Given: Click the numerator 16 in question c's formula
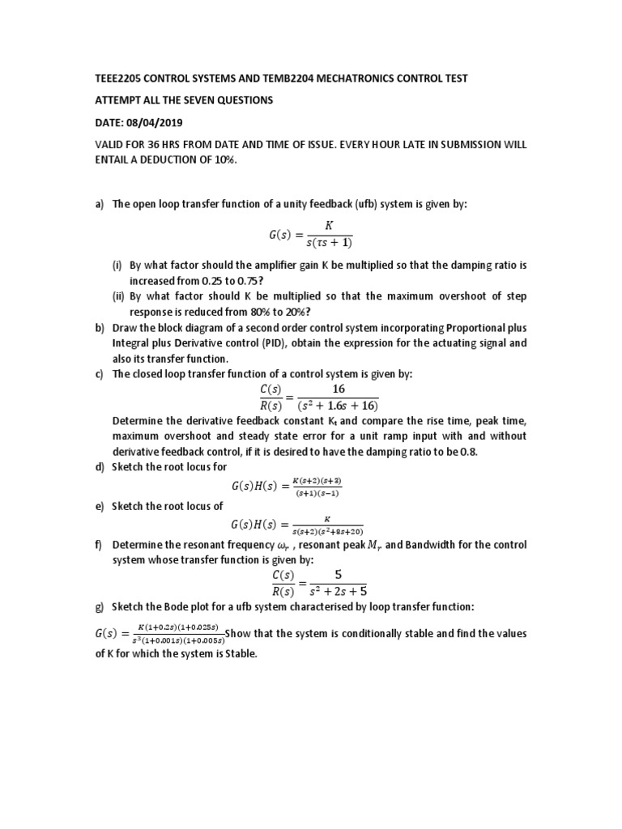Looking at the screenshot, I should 338,389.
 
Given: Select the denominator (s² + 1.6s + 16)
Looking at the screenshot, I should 338,406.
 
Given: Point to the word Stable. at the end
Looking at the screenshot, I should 236,653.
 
